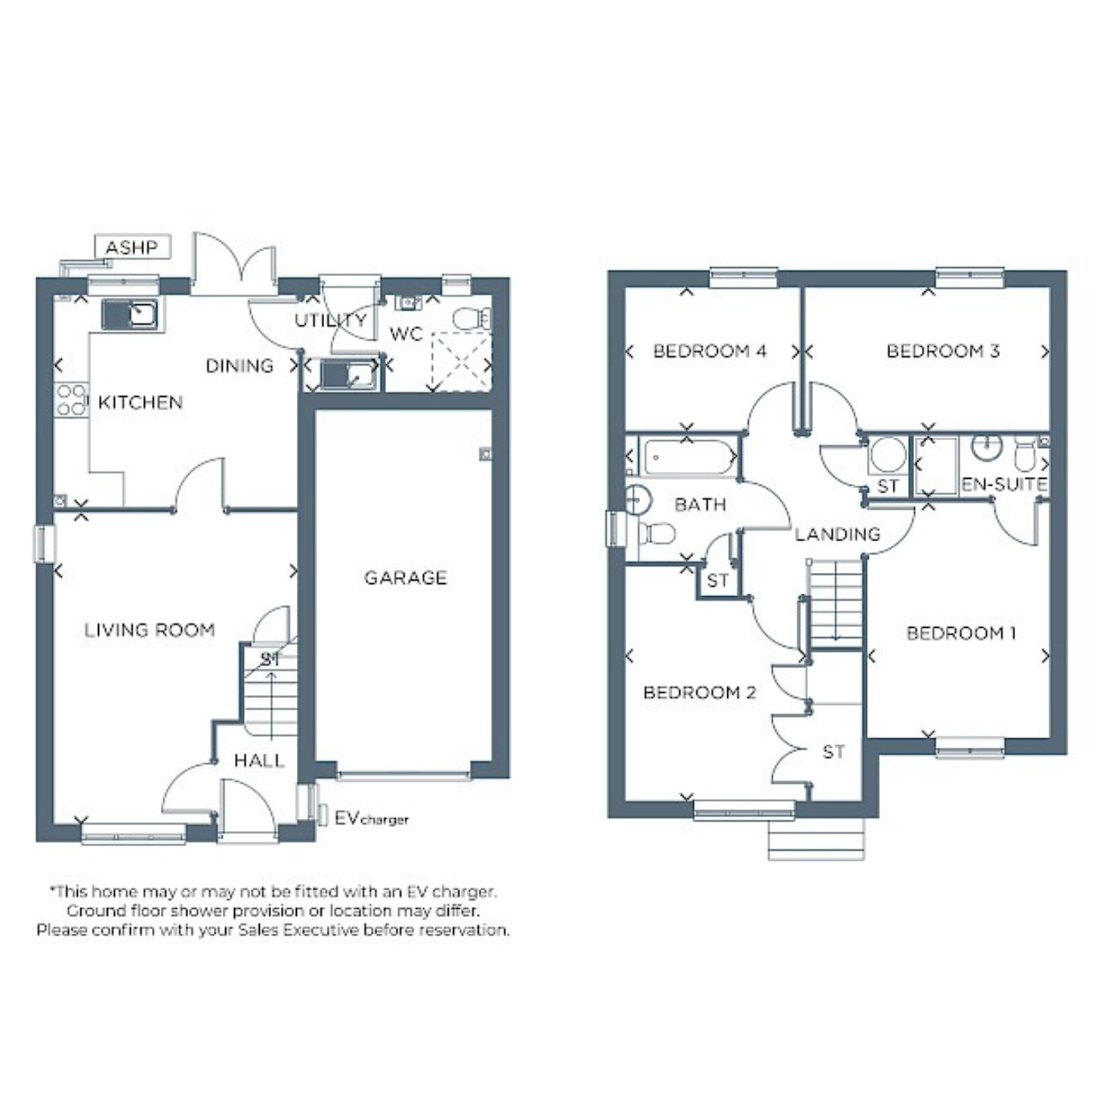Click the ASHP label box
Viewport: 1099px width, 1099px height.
(x=132, y=247)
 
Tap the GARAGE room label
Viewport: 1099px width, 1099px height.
(x=405, y=578)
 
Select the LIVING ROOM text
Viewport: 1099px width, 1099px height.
(x=150, y=630)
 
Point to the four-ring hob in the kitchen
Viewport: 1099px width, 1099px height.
(x=71, y=400)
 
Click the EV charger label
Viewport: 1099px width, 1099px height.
(x=372, y=818)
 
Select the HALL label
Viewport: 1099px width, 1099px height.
(x=259, y=760)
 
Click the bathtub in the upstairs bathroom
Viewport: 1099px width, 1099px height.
(x=689, y=457)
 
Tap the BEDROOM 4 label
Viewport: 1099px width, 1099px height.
(x=710, y=351)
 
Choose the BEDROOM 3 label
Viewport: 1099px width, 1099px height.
(x=943, y=351)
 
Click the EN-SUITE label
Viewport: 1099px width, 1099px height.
(x=1004, y=484)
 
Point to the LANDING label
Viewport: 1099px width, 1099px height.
(x=837, y=534)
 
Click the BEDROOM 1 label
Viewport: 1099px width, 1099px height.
(x=961, y=633)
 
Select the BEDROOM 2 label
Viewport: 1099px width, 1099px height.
(x=699, y=692)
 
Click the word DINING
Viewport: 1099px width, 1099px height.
(x=240, y=365)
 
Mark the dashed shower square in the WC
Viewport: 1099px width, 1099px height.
(x=462, y=362)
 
